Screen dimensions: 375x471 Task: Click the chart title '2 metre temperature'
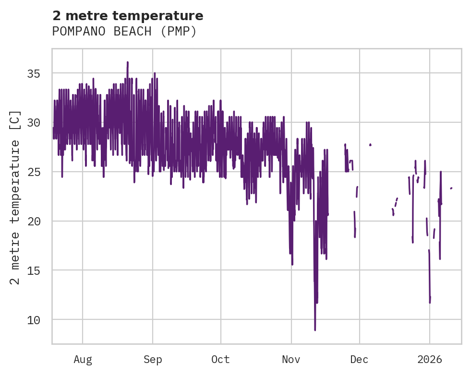pyautogui.click(x=128, y=16)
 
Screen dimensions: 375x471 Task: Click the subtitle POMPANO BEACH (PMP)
pyautogui.click(x=124, y=32)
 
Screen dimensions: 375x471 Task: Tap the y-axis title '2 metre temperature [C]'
pyautogui.click(x=15, y=197)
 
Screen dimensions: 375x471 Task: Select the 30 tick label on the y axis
pyautogui.click(x=33, y=123)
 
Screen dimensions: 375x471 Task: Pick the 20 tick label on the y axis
pyautogui.click(x=33, y=221)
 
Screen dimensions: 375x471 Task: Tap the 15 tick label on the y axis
pyautogui.click(x=33, y=270)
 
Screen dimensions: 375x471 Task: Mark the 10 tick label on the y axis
pyautogui.click(x=33, y=320)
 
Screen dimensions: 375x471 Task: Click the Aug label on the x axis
pyautogui.click(x=83, y=359)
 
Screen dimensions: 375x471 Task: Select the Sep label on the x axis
pyautogui.click(x=153, y=359)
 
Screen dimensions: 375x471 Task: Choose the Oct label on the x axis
pyautogui.click(x=220, y=359)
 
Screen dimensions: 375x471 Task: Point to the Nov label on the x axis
pyautogui.click(x=291, y=359)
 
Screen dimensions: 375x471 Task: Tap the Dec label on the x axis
pyautogui.click(x=359, y=359)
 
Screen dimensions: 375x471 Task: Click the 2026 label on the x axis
pyautogui.click(x=430, y=359)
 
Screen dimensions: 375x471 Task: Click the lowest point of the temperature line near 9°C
pyautogui.click(x=315, y=329)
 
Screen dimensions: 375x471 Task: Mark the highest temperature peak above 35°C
pyautogui.click(x=128, y=62)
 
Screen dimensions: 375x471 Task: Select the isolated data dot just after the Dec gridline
pyautogui.click(x=370, y=144)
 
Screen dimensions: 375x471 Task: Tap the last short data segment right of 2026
pyautogui.click(x=451, y=188)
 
